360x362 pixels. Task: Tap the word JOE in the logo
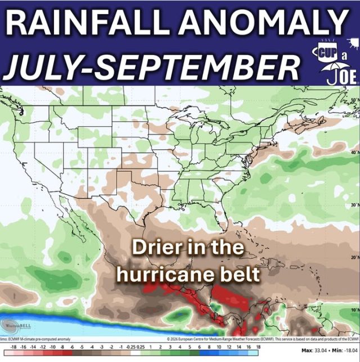344,76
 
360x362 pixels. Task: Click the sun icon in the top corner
353,42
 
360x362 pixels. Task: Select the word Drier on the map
157,248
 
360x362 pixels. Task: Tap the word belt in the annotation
244,274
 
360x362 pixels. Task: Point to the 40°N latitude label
353,151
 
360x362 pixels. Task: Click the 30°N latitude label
353,204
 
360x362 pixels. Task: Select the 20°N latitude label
353,257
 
